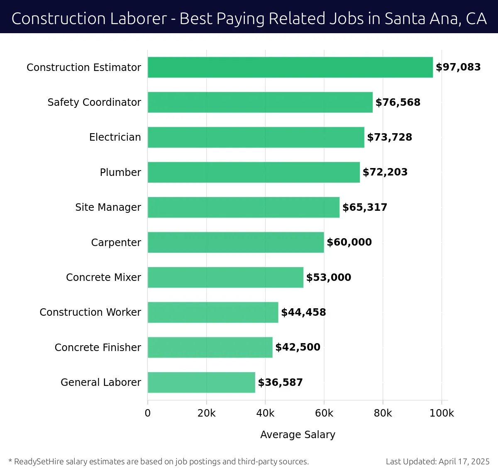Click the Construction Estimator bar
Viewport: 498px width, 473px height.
click(x=290, y=67)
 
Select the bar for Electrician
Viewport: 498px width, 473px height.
click(x=256, y=137)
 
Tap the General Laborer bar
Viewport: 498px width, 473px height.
click(x=201, y=383)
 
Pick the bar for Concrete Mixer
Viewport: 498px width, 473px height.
click(x=225, y=278)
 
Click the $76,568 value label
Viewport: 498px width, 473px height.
click(x=398, y=102)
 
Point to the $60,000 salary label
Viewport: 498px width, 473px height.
click(x=349, y=242)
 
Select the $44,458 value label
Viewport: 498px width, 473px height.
click(x=303, y=312)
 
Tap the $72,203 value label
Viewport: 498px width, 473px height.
click(x=385, y=172)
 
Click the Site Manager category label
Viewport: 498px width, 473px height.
click(x=108, y=207)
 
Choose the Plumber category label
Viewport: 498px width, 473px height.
click(x=120, y=172)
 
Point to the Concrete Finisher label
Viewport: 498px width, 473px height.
click(x=98, y=348)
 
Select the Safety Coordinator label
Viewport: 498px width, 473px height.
click(x=94, y=102)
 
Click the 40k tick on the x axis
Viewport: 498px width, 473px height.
click(x=265, y=413)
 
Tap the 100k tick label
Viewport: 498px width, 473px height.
click(x=442, y=413)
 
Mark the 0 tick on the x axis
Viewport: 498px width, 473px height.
click(x=148, y=413)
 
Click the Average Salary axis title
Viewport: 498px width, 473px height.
click(x=298, y=435)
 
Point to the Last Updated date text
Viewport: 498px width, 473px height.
click(x=437, y=462)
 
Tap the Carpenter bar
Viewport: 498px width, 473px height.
click(x=236, y=242)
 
